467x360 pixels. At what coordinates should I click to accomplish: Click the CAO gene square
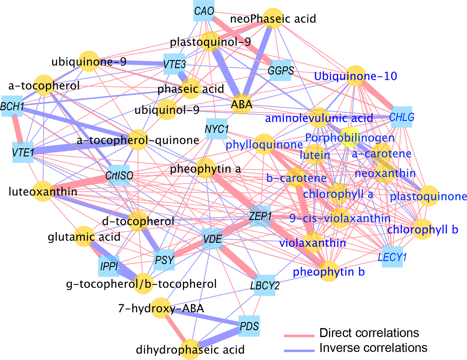pos(204,11)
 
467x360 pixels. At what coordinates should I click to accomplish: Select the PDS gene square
pos(249,326)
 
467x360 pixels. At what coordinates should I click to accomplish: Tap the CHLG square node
pos(401,117)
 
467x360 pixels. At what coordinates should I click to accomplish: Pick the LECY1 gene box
pos(392,257)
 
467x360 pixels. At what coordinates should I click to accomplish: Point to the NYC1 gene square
pos(216,129)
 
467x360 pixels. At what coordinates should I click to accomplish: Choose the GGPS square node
pos(280,70)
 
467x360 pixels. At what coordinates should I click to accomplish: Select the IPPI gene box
pos(109,266)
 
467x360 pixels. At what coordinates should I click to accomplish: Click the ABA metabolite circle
pos(242,104)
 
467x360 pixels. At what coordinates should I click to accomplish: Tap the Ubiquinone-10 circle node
pos(355,76)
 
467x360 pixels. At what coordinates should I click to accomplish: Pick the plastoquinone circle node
pos(429,196)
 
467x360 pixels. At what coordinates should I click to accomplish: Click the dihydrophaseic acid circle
pos(190,349)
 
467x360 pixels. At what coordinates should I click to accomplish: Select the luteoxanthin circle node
pos(43,191)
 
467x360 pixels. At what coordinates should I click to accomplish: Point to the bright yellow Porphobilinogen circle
pos(350,138)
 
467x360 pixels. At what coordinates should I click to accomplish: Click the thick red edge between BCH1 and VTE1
pos(18,129)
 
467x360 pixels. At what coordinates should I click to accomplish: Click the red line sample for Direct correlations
pos(298,335)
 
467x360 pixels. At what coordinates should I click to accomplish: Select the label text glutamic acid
pos(84,237)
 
